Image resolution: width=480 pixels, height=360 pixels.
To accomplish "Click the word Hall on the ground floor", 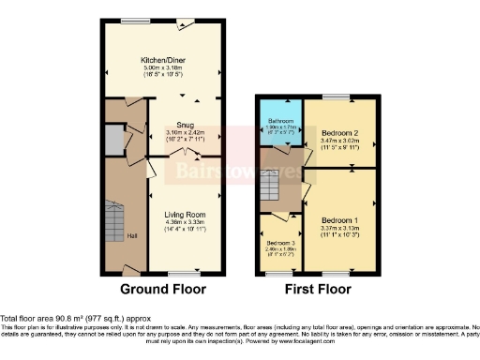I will [133, 234].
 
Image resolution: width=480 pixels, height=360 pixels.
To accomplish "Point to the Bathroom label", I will [282, 121].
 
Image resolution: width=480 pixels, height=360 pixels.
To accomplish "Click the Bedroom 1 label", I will [341, 218].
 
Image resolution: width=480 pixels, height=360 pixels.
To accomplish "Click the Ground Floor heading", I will [164, 289].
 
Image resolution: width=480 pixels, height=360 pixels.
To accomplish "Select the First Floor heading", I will [320, 289].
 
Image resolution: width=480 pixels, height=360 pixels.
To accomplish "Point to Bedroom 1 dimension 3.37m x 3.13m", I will [341, 226].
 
